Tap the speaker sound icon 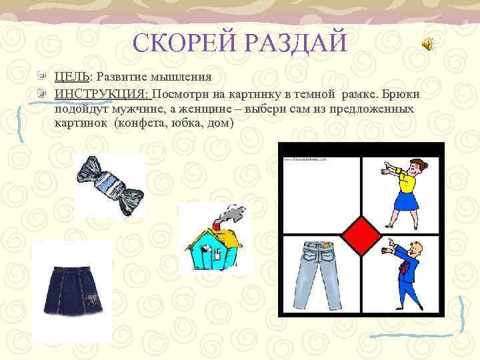click(x=427, y=44)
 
